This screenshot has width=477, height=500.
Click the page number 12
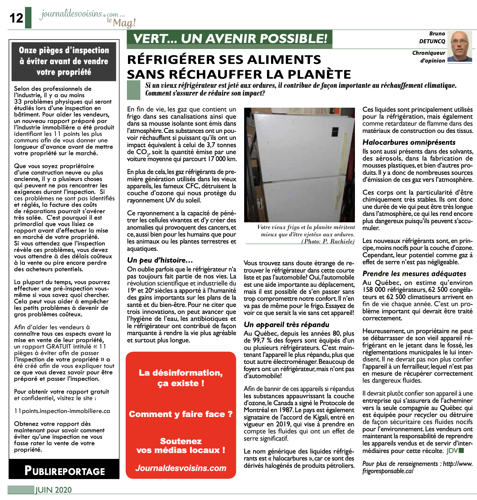point(16,18)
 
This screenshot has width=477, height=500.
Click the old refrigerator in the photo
point(298,164)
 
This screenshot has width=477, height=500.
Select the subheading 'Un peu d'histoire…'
point(160,260)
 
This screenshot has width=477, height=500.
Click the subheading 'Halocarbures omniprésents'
point(409,142)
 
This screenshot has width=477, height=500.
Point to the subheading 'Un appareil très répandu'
point(286,325)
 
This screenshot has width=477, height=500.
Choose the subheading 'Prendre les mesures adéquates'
point(414,274)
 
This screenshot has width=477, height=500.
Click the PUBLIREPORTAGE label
point(65,471)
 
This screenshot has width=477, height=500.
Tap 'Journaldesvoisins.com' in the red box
point(181,468)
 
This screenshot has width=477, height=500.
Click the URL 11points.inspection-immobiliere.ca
point(62,411)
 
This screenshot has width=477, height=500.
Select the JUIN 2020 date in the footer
point(54,490)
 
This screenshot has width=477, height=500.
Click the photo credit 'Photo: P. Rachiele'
point(328,241)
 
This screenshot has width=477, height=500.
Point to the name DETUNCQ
point(432,41)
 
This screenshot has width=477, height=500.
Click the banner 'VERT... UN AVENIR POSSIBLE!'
point(230,39)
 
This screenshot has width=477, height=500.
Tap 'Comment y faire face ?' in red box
point(181,414)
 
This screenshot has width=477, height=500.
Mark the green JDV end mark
point(455,451)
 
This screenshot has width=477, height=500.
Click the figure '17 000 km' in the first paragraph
point(222,159)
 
